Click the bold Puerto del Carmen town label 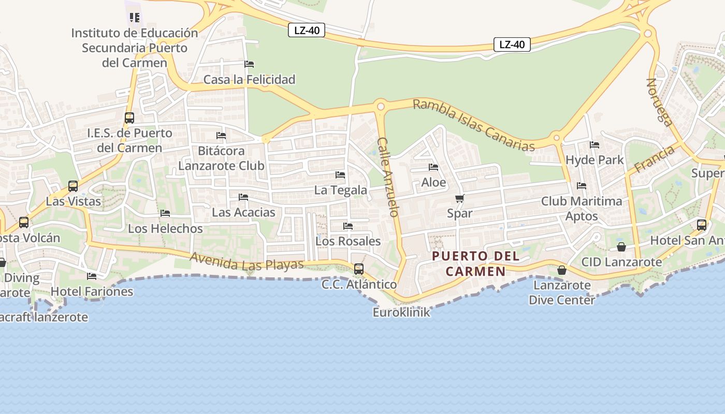475,263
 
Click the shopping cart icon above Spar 459,198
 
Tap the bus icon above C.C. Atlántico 358,269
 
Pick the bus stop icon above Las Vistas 73,186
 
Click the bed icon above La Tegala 340,175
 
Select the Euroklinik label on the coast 401,313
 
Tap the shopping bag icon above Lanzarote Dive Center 562,270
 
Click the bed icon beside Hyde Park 594,145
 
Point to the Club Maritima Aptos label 582,209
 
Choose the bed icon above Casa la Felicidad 249,64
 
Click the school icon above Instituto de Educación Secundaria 135,18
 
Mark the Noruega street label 660,102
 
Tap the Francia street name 655,159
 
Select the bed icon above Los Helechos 165,213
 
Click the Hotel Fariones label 92,291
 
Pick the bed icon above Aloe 433,167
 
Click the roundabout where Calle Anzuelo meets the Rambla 381,106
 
